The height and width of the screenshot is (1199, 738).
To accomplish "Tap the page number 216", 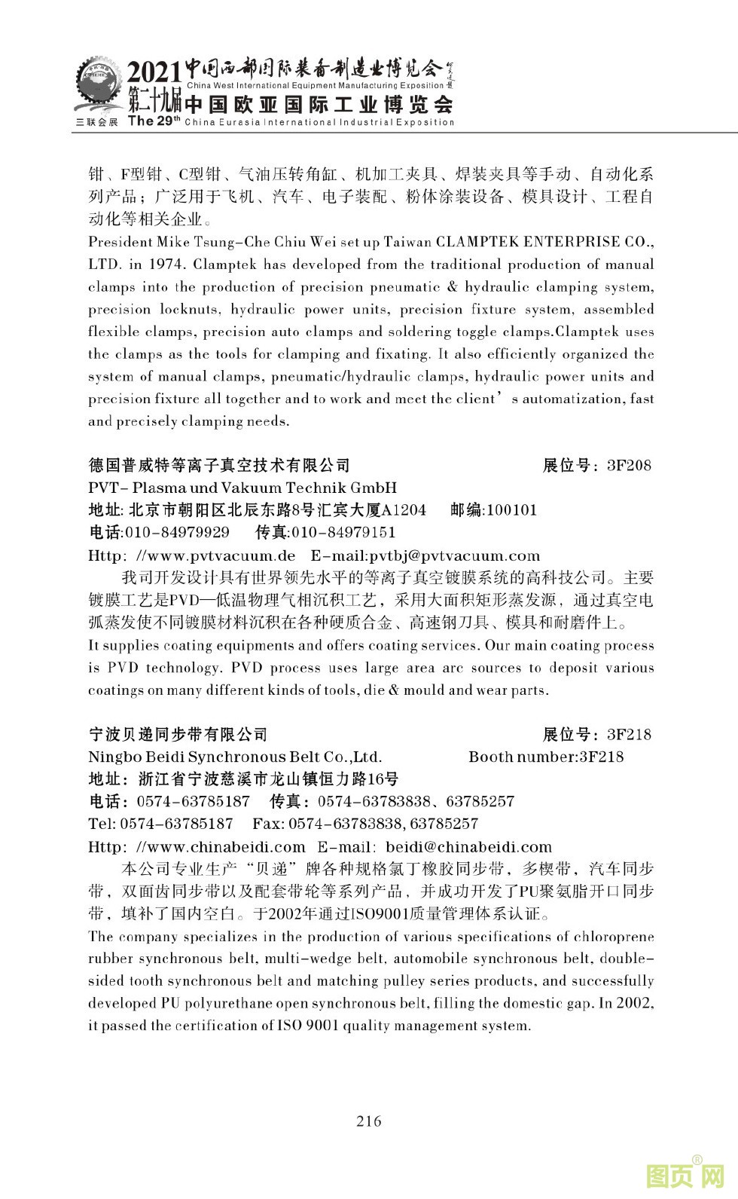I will tap(369, 1121).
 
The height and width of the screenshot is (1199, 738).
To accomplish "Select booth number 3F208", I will tap(629, 465).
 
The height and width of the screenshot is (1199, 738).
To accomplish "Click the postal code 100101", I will tap(512, 510).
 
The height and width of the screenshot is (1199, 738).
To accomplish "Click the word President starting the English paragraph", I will tap(120, 242).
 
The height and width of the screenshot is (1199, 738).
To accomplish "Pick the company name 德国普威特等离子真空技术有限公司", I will tap(219, 465).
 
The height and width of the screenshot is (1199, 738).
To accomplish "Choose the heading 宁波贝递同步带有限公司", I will tap(178, 734).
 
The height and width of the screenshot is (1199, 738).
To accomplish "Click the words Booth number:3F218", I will tap(546, 757).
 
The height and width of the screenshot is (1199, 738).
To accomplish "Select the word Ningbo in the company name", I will tap(112, 757).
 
